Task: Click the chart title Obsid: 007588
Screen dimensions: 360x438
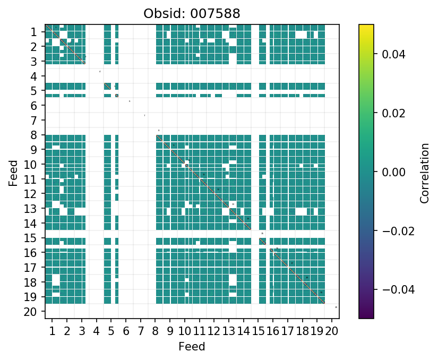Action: [x=192, y=13]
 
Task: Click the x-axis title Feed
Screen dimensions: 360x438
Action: [x=192, y=347]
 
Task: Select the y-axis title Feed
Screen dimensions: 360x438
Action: [x=13, y=171]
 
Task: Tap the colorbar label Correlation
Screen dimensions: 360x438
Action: [x=424, y=171]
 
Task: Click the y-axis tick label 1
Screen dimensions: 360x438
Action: [x=33, y=32]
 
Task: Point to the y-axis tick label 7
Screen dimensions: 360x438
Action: [x=33, y=120]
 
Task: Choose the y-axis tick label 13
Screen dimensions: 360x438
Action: [x=30, y=208]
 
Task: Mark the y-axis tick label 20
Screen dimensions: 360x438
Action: [x=30, y=311]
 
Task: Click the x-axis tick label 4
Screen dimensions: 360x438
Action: [x=96, y=332]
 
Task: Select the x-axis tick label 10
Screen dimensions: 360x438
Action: [x=184, y=332]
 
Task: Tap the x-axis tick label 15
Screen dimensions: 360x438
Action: [x=258, y=332]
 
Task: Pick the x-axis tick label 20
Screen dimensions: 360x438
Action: [x=331, y=332]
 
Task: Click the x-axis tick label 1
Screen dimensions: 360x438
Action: [x=52, y=332]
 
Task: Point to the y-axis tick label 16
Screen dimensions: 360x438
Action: [x=30, y=252]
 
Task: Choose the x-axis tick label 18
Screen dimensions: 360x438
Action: [x=302, y=332]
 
